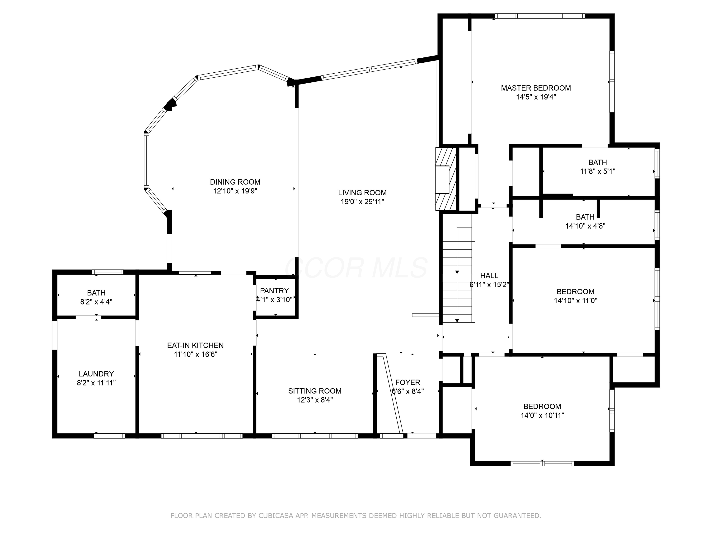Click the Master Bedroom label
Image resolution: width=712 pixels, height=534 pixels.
(x=536, y=88)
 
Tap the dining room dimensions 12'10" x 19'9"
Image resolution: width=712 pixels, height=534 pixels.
(x=235, y=191)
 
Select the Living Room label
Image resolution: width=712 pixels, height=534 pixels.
(x=362, y=192)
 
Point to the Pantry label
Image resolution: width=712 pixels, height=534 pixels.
(x=274, y=291)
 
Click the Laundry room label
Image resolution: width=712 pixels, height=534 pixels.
(x=96, y=374)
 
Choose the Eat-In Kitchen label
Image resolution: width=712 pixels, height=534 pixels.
(x=195, y=345)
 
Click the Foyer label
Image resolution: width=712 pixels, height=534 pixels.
(x=408, y=382)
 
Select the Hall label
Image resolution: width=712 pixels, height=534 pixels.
(x=489, y=276)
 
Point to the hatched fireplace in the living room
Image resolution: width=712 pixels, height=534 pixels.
(x=446, y=179)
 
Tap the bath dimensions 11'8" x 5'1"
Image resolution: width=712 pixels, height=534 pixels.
(x=598, y=171)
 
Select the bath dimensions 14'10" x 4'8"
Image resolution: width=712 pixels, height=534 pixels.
(x=585, y=226)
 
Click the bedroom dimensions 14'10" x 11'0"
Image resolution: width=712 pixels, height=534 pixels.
(x=576, y=301)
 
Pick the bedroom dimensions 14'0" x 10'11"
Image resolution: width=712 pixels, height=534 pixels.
(x=542, y=415)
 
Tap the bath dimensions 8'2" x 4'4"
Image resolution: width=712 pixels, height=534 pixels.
(x=96, y=302)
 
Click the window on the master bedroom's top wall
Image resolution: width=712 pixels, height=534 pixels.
(x=540, y=16)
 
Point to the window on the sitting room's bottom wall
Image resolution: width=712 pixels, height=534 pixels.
(x=315, y=436)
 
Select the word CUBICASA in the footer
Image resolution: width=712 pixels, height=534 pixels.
(x=276, y=516)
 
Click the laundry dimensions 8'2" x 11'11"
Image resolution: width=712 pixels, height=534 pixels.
(x=96, y=383)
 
